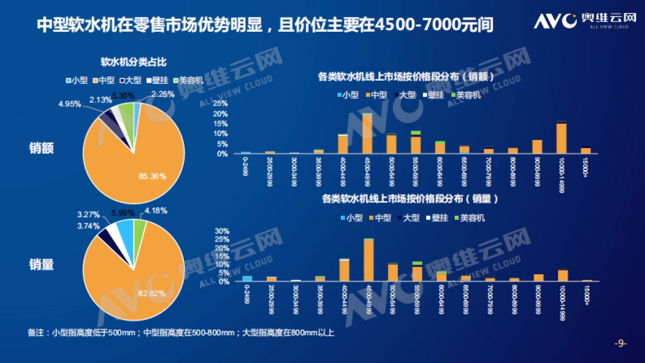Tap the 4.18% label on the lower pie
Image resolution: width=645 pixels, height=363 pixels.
tap(155, 210)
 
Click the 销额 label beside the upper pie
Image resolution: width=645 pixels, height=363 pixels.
tap(41, 148)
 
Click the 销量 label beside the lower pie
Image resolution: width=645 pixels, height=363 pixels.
tap(41, 264)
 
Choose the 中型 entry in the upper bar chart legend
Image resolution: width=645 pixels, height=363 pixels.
tap(376, 95)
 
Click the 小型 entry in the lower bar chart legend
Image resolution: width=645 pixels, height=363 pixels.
tap(352, 218)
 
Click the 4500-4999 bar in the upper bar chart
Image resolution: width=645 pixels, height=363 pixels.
tap(367, 133)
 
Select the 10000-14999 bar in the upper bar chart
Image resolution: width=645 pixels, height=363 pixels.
tap(561, 138)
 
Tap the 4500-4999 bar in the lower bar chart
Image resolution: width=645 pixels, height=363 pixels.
tap(368, 260)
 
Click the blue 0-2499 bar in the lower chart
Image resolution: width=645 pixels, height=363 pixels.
tap(247, 278)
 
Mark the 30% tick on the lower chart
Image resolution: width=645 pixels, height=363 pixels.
tap(222, 231)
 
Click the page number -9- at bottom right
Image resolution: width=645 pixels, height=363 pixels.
tap(620, 344)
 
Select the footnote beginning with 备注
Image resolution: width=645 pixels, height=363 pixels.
tap(181, 333)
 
